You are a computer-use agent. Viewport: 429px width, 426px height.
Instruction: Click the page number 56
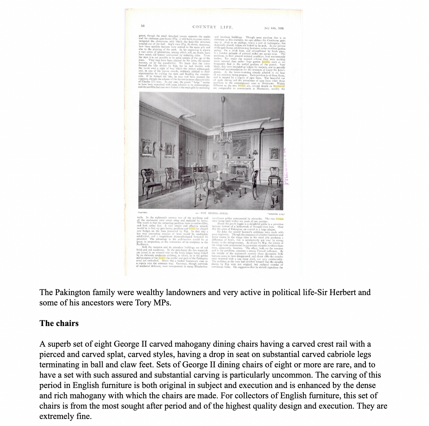click(143, 26)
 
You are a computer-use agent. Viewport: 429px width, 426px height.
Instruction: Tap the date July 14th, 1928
click(274, 28)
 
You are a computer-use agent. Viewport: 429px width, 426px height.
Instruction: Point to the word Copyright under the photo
click(142, 213)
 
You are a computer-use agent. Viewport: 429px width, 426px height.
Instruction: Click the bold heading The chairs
click(59, 323)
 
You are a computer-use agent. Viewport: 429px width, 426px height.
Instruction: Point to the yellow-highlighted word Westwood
click(279, 86)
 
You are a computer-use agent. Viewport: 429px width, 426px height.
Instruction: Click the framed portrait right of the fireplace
click(274, 153)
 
